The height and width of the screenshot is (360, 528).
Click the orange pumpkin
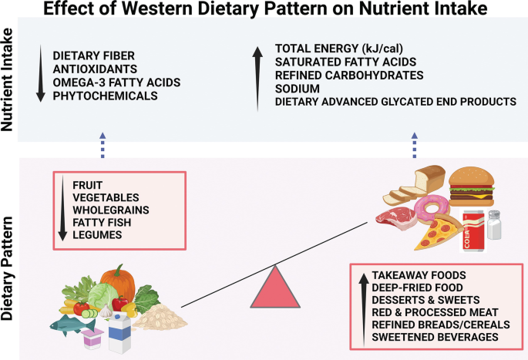tap(117, 283)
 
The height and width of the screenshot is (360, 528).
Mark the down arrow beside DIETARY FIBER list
tap(41, 76)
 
